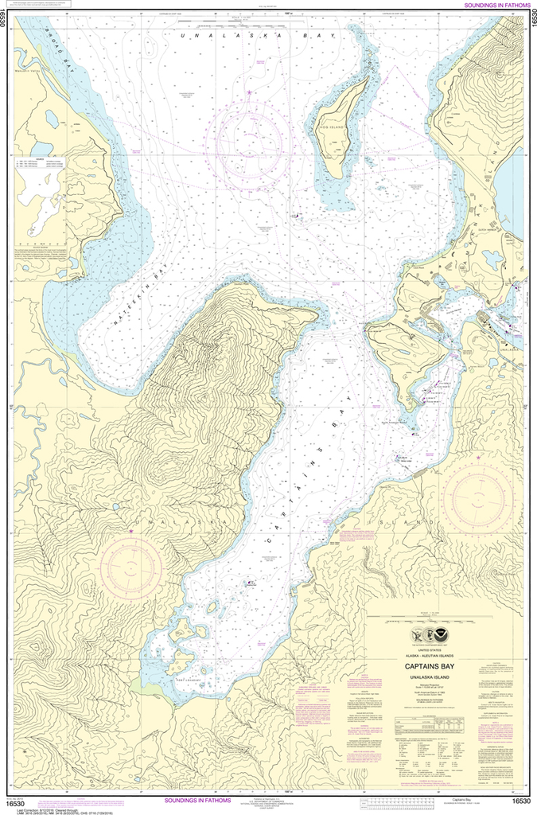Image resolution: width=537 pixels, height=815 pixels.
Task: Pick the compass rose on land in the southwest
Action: point(131,567)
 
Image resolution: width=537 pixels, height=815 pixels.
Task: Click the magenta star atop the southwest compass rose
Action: point(131,530)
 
